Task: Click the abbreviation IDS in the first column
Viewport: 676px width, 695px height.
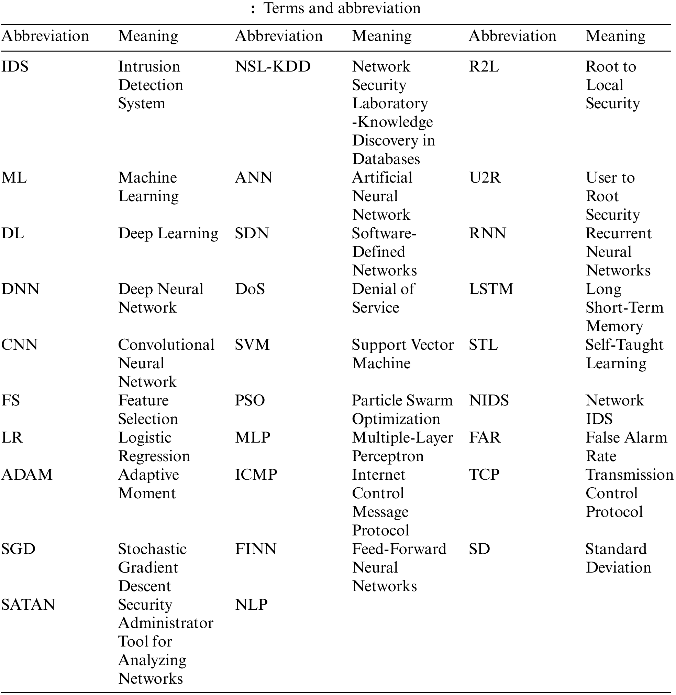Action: click(15, 66)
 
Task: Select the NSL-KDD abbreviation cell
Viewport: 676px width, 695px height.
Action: click(273, 66)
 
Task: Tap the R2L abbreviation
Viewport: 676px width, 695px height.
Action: click(484, 66)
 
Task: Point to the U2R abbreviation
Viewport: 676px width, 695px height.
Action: click(485, 178)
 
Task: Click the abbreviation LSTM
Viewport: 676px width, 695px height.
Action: click(491, 289)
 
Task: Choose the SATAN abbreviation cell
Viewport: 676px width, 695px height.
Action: click(28, 605)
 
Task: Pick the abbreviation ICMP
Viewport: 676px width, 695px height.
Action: click(256, 475)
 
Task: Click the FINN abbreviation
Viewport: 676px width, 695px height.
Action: click(256, 549)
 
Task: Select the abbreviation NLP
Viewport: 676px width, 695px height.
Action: click(251, 605)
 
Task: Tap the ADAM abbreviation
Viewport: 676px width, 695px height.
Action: click(27, 475)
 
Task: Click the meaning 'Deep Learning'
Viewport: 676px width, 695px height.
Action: click(168, 234)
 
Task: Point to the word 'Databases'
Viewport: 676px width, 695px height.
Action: click(386, 159)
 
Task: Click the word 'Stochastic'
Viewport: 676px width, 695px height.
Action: click(152, 549)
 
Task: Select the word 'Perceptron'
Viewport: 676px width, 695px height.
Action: click(388, 456)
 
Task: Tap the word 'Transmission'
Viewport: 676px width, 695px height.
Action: click(629, 475)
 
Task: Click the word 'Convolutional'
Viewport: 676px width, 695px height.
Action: click(166, 345)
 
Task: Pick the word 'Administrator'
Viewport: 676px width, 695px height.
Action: click(166, 623)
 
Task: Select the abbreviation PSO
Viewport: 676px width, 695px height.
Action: click(250, 400)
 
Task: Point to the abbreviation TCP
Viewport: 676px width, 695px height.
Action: click(484, 475)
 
